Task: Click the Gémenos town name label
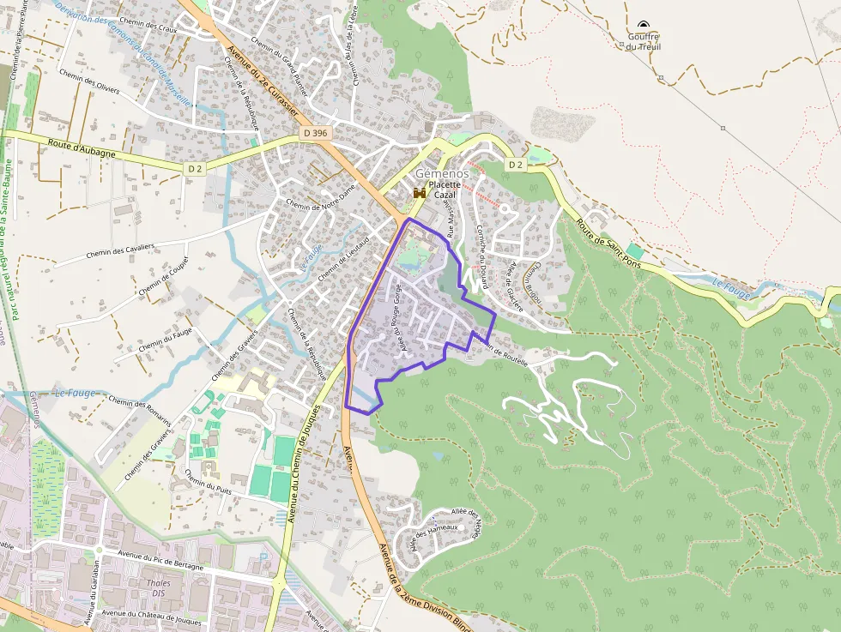click(x=442, y=172)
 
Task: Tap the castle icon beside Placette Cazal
click(x=420, y=195)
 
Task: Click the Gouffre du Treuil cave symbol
click(x=644, y=25)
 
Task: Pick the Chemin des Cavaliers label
click(x=120, y=252)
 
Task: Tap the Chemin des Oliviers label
click(x=90, y=84)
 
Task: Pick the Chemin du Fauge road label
click(x=165, y=338)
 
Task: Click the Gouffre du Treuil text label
click(x=643, y=41)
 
